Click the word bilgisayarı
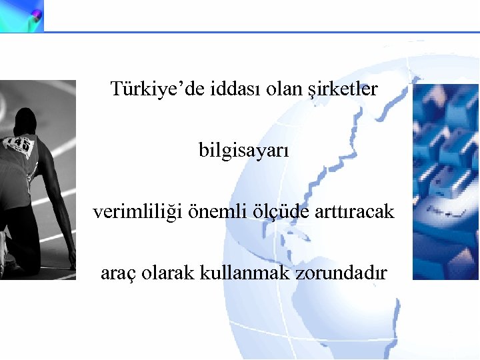coord(244,151)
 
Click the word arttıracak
coord(358,213)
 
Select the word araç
coord(117,273)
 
